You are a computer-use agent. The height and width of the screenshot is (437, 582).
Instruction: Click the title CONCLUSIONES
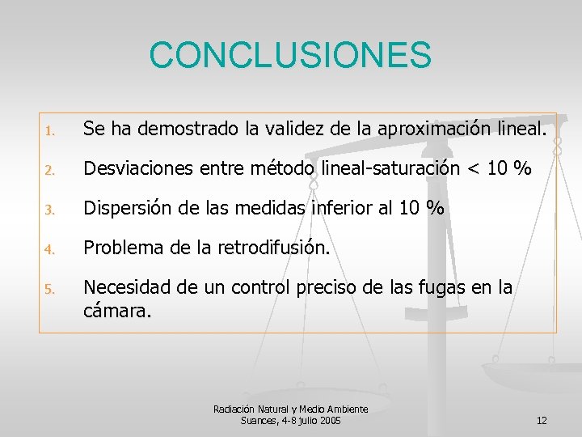290,55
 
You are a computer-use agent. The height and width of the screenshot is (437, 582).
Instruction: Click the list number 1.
49,130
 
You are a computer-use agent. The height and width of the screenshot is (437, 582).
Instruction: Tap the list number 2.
49,170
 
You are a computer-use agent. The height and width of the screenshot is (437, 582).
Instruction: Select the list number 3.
49,210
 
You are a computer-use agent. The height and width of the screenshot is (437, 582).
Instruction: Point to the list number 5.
49,289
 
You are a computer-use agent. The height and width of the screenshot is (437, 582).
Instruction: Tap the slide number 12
542,420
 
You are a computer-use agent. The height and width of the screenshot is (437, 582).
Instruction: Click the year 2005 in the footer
330,421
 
